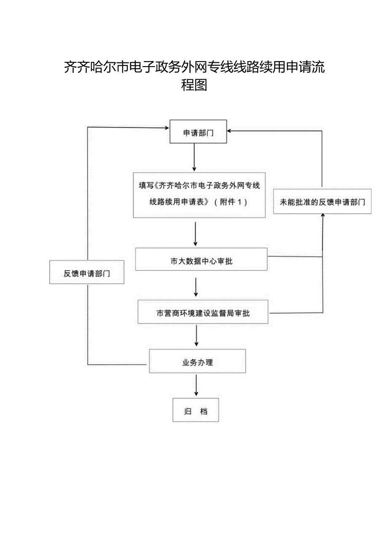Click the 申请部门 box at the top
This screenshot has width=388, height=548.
[x=198, y=132]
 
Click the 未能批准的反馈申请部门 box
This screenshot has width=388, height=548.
[x=322, y=202]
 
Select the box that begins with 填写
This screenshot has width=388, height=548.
[x=199, y=195]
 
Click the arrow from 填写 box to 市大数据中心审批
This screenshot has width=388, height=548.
[x=195, y=234]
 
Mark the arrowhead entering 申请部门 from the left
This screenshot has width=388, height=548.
[x=166, y=127]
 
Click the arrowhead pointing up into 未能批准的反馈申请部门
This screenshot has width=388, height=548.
[x=323, y=216]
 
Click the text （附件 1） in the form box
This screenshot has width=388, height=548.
[x=230, y=202]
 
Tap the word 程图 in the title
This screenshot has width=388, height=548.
[x=194, y=85]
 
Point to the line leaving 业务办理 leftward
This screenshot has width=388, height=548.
[x=118, y=364]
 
